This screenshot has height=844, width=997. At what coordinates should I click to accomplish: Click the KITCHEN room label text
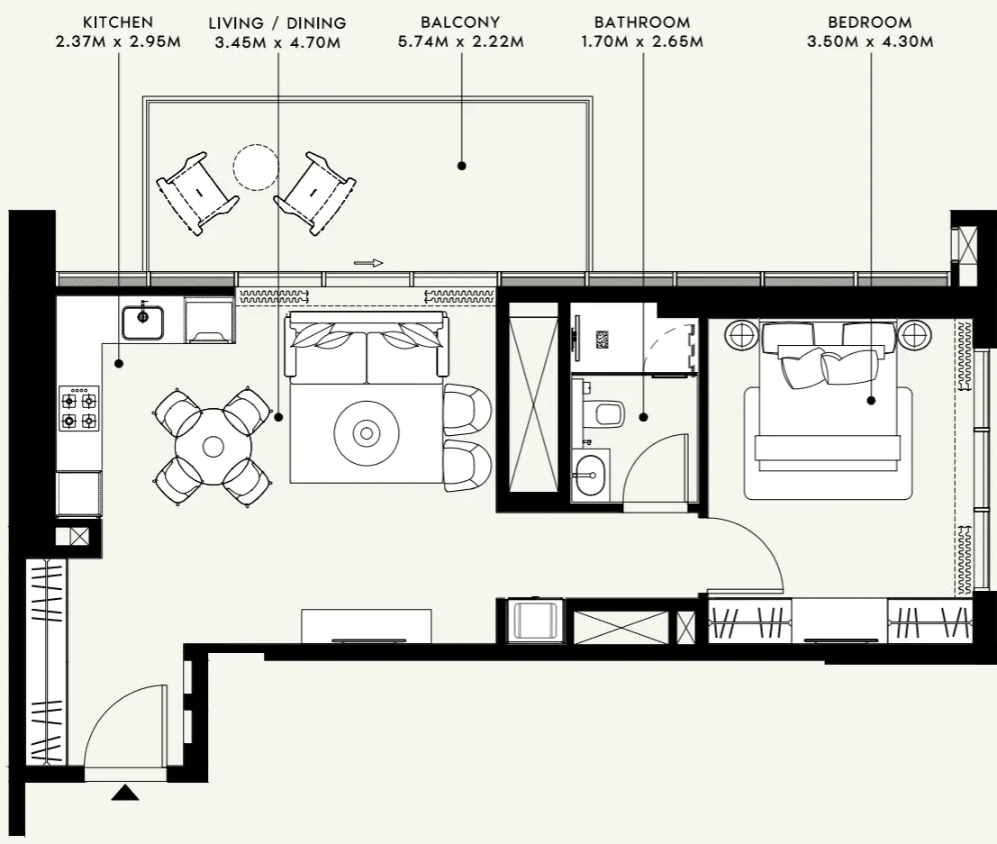click(x=118, y=22)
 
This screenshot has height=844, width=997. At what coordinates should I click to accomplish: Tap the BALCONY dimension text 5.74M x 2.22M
click(x=460, y=41)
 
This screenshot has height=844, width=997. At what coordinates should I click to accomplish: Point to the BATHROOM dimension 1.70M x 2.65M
click(x=642, y=41)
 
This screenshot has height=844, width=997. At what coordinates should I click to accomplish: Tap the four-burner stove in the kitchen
click(x=79, y=408)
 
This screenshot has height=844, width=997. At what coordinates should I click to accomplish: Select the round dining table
click(x=213, y=446)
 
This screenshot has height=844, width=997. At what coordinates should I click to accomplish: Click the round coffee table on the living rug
click(x=367, y=434)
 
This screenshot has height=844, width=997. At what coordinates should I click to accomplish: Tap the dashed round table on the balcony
click(x=255, y=167)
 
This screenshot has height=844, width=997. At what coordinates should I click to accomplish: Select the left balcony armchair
click(x=198, y=193)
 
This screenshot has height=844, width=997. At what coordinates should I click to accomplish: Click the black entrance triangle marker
click(x=125, y=793)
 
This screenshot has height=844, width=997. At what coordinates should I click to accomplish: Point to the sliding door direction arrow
click(x=368, y=263)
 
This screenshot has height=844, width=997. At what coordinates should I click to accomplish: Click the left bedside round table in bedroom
click(x=743, y=336)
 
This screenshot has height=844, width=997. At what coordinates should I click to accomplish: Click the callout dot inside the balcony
click(x=461, y=166)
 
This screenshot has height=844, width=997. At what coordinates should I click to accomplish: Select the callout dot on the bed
click(x=871, y=400)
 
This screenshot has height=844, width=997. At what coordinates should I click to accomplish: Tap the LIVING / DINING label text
click(x=276, y=23)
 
